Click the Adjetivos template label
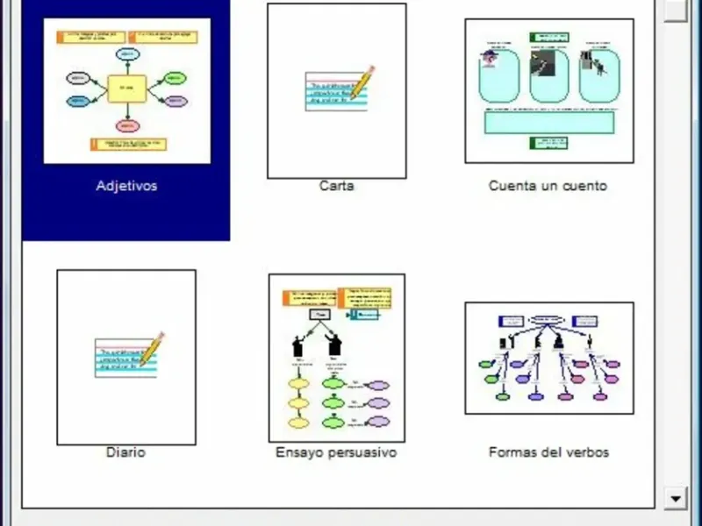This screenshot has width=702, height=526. click(x=126, y=186)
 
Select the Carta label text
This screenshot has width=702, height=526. click(x=336, y=186)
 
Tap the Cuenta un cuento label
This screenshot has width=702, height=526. click(x=548, y=186)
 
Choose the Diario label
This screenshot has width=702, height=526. click(x=125, y=452)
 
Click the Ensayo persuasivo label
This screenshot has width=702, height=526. click(x=336, y=452)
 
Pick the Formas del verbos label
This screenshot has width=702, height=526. click(x=548, y=452)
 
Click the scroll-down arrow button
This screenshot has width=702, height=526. click(x=676, y=498)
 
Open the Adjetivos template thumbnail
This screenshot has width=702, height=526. click(x=127, y=91)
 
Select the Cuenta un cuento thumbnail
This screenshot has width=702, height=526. click(x=548, y=91)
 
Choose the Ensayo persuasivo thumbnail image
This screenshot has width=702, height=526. click(x=337, y=358)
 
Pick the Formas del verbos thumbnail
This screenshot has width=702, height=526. click(x=548, y=358)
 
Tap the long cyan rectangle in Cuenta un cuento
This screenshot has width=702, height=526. click(x=549, y=120)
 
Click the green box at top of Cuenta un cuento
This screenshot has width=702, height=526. click(x=548, y=38)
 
